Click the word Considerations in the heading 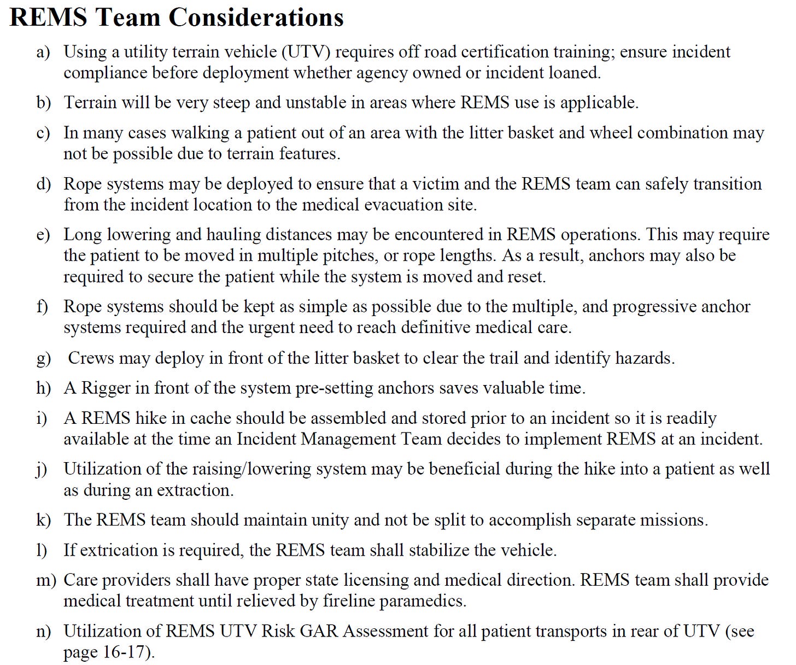tap(256, 17)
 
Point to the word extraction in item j tap(194, 491)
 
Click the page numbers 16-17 tap(124, 652)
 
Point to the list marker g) tap(43, 359)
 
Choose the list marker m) tap(46, 580)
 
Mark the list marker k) tap(43, 520)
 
